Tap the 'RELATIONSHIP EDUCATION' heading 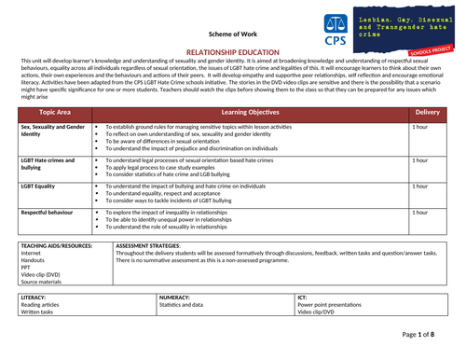[x=232, y=56]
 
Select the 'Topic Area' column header [x=56, y=112]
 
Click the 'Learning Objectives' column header [x=247, y=112]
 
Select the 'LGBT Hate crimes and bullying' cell [x=52, y=163]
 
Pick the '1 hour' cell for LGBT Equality [x=421, y=186]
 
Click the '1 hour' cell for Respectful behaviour [x=421, y=213]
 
